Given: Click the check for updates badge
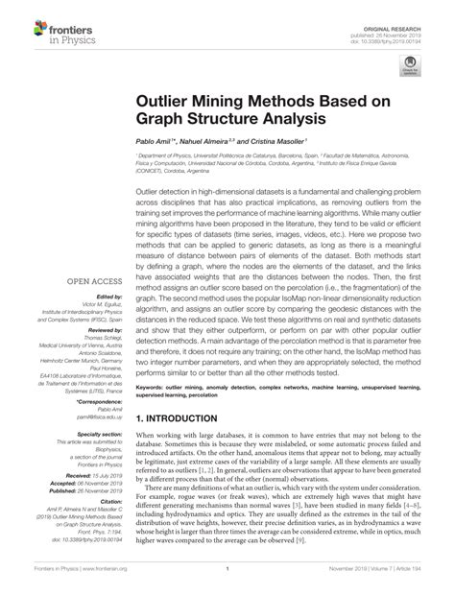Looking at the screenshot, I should tap(414, 67).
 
